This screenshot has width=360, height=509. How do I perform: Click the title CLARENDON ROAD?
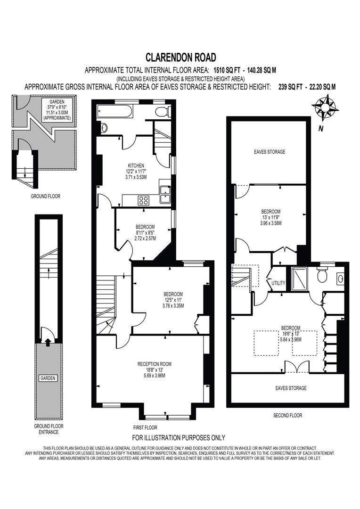[x=180, y=57]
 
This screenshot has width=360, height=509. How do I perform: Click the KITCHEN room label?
[x=136, y=165]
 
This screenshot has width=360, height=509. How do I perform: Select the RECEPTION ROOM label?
[x=154, y=364]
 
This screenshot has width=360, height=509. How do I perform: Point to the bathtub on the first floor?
[x=115, y=112]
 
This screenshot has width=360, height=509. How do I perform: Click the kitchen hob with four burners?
[x=144, y=200]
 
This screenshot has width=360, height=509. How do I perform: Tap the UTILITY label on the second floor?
[x=278, y=283]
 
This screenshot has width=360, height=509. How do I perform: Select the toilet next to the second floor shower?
[x=323, y=275]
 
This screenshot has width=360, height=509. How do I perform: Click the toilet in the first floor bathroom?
[x=162, y=112]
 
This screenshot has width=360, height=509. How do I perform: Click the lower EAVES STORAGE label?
[x=291, y=388]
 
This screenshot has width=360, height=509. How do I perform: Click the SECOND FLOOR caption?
[x=287, y=415]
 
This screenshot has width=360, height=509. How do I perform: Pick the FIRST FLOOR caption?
[x=145, y=427]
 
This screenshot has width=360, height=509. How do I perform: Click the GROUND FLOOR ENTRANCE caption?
[x=49, y=429]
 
